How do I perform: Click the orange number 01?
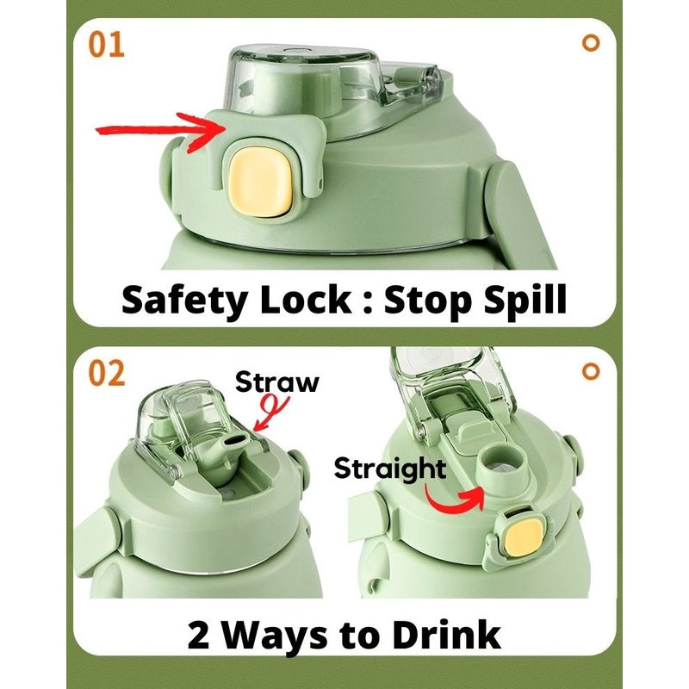pyautogui.click(x=106, y=45)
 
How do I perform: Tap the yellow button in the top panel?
pyautogui.click(x=260, y=182)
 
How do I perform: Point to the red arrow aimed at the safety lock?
pyautogui.click(x=161, y=131)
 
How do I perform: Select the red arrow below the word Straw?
pyautogui.click(x=271, y=412)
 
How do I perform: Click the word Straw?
pyautogui.click(x=276, y=382)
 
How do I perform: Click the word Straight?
pyautogui.click(x=390, y=469)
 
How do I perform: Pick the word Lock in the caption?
pyautogui.click(x=306, y=299)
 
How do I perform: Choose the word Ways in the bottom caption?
pyautogui.click(x=274, y=636)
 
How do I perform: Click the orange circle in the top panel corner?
pyautogui.click(x=591, y=42)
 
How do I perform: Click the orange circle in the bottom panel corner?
pyautogui.click(x=591, y=371)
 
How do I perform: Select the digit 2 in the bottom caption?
pyautogui.click(x=198, y=635)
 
